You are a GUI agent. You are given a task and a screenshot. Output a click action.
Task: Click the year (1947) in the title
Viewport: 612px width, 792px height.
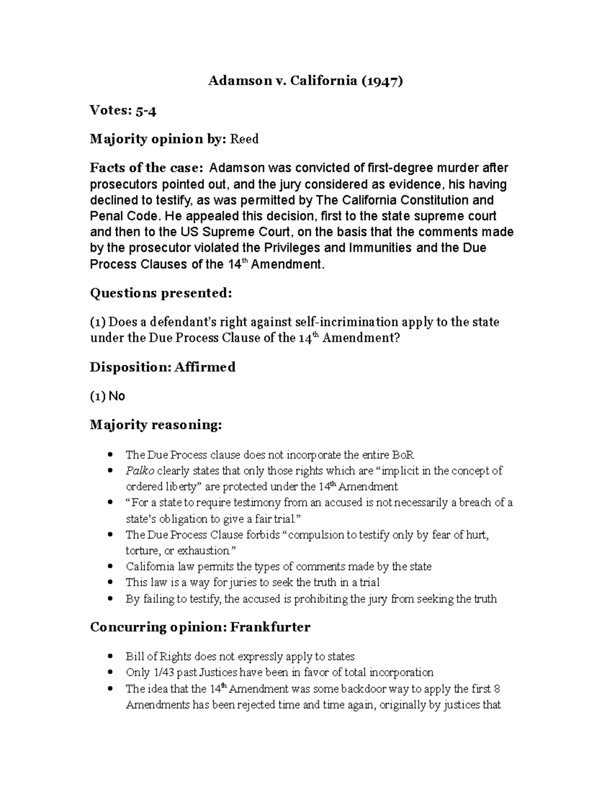(382, 81)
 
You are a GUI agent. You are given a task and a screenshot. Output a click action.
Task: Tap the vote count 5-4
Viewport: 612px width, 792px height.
(145, 110)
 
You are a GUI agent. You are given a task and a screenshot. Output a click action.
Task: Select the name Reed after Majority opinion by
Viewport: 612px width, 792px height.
(245, 139)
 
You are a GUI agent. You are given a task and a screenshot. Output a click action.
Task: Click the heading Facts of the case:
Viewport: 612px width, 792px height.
(146, 168)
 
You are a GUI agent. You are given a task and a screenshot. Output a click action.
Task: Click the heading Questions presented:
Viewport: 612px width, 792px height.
(161, 293)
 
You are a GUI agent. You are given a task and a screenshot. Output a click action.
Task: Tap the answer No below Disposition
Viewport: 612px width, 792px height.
(117, 396)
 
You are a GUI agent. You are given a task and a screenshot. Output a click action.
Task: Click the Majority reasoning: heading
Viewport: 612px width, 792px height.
(156, 425)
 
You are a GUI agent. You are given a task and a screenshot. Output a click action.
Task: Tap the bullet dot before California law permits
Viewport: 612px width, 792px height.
(110, 567)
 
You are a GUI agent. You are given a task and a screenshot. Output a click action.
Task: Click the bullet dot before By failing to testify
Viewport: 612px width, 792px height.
(110, 599)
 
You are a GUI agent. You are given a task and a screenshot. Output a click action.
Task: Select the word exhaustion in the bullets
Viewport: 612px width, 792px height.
(203, 551)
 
